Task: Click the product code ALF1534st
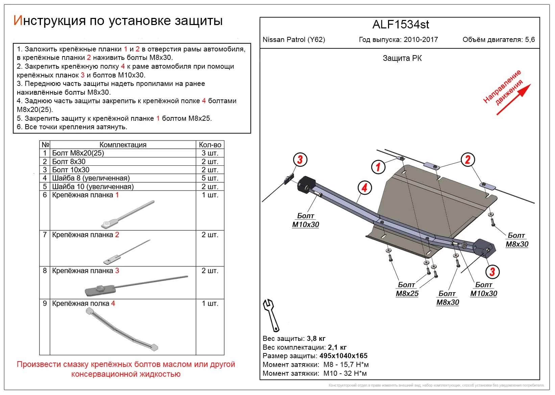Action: pos(401,24)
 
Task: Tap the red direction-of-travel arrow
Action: pos(513,99)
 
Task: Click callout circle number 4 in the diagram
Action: pos(364,188)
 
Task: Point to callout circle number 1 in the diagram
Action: pos(378,166)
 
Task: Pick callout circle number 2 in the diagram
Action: pos(467,160)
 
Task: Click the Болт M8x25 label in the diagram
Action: pos(407,289)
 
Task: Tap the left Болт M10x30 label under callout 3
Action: pos(306,220)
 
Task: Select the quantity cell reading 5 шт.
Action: pos(210,178)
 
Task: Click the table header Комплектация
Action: pos(123,145)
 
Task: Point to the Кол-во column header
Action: pos(210,145)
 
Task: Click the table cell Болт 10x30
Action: pos(71,170)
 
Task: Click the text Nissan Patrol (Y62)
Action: pos(294,40)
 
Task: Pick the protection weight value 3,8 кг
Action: pos(316,339)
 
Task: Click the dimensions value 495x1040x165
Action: pos(343,356)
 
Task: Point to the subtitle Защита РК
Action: pos(402,58)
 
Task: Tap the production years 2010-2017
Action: pos(420,40)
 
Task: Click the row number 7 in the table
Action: pos(45,235)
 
